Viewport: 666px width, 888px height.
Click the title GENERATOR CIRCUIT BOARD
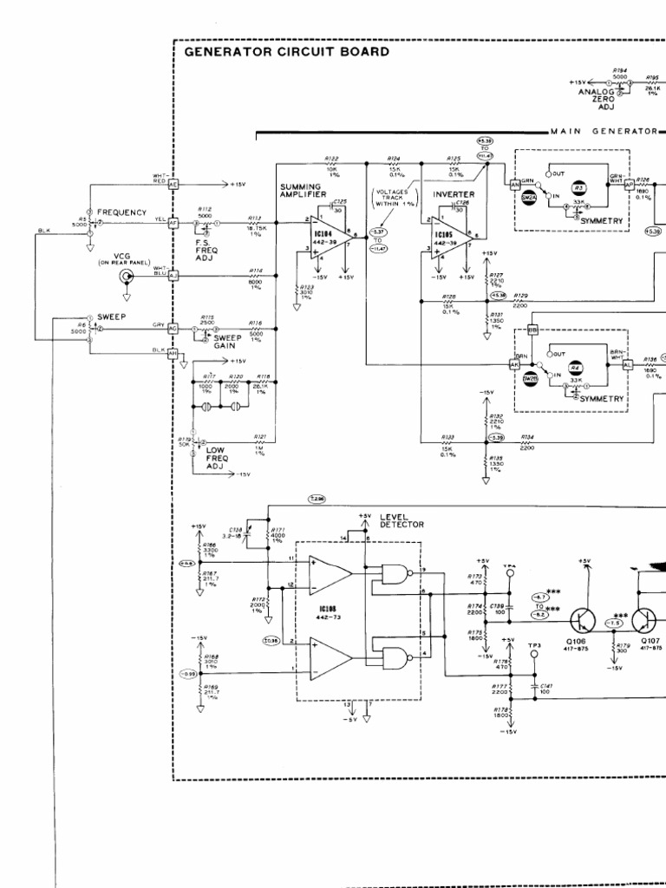pos(287,52)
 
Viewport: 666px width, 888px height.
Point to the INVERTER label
pos(454,194)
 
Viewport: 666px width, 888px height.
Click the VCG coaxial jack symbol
pos(127,277)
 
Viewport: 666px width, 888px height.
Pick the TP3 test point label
pos(535,645)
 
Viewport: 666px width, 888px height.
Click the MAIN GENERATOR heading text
pos(604,131)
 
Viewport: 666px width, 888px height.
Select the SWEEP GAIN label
pos(228,341)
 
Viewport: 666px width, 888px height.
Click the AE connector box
pos(173,185)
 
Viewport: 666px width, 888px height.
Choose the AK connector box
pos(513,364)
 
